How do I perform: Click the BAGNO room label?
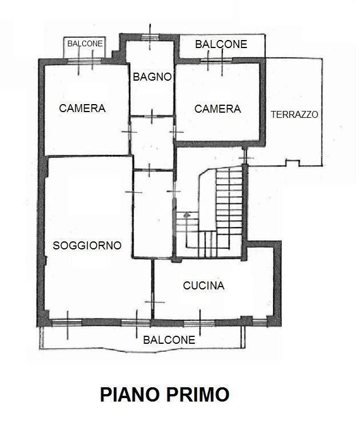click(x=152, y=77)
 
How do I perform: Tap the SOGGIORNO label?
click(x=87, y=245)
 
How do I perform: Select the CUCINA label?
click(x=203, y=285)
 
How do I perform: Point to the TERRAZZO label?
click(x=294, y=114)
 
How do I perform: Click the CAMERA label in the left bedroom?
click(x=82, y=108)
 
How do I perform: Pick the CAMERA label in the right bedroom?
click(x=218, y=109)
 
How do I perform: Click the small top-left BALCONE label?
click(x=85, y=43)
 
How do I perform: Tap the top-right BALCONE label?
click(x=221, y=44)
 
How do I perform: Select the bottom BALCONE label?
click(x=169, y=340)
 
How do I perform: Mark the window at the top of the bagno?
click(x=150, y=38)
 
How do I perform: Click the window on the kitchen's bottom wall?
click(x=199, y=322)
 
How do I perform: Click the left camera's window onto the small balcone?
click(x=86, y=61)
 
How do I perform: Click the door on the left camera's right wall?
click(x=129, y=132)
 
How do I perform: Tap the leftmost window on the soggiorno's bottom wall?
click(x=67, y=322)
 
